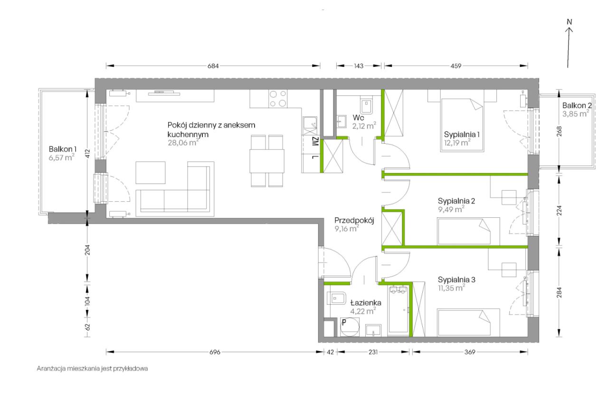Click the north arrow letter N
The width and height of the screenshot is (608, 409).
click(x=570, y=22)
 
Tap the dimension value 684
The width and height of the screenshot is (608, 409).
click(x=213, y=66)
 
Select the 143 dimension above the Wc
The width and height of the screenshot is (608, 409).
click(x=359, y=66)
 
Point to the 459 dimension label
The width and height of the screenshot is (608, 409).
click(x=456, y=66)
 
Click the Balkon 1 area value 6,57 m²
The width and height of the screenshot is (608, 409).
click(x=62, y=158)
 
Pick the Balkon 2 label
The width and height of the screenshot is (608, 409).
click(x=577, y=105)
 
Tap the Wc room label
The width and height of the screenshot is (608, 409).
click(x=358, y=118)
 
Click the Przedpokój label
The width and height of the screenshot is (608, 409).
click(x=354, y=221)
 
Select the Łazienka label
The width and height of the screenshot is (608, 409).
click(x=366, y=303)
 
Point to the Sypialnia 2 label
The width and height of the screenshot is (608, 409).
click(x=456, y=201)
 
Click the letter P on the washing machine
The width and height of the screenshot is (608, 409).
click(x=344, y=323)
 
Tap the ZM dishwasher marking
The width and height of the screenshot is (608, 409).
click(x=315, y=141)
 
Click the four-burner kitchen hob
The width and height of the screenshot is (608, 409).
click(x=278, y=98)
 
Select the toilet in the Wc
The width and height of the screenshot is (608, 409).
click(x=367, y=106)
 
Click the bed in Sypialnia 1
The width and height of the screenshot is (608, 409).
click(x=462, y=125)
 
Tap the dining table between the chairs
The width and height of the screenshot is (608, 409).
click(x=267, y=161)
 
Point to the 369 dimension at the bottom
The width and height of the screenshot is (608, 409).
click(x=470, y=352)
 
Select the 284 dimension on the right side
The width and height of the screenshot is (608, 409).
click(x=559, y=292)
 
